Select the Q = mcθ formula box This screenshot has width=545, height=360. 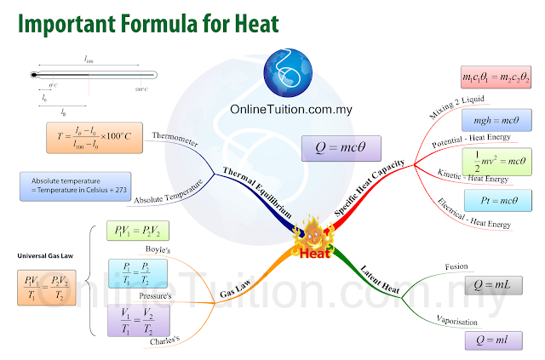(338, 148)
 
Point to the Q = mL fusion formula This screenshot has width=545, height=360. (492, 284)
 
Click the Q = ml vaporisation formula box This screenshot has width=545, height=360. (490, 339)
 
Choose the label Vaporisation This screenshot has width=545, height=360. (456, 323)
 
